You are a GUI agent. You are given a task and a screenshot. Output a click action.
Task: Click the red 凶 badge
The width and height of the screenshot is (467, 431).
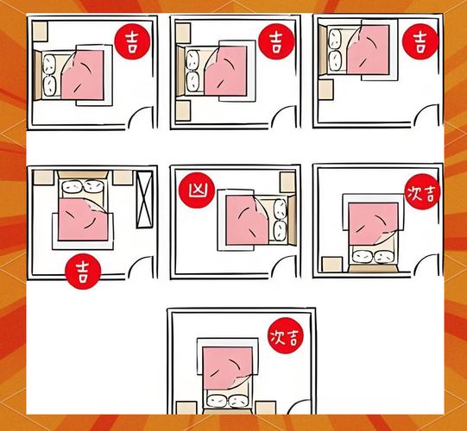(197, 190)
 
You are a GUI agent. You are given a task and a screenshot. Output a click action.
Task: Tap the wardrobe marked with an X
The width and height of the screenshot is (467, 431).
(144, 199)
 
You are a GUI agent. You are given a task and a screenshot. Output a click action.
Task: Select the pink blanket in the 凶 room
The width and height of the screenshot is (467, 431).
(247, 220)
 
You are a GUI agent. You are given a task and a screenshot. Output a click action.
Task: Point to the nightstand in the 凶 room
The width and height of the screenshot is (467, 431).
(287, 182)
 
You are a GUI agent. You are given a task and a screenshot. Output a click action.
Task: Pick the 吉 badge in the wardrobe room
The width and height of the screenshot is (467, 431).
(83, 272)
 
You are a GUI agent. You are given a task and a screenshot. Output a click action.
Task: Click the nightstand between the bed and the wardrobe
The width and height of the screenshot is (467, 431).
(123, 178)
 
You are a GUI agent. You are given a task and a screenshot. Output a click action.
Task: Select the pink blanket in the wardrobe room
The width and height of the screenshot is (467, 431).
(83, 220)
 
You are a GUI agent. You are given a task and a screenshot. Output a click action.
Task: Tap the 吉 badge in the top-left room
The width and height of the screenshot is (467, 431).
(133, 41)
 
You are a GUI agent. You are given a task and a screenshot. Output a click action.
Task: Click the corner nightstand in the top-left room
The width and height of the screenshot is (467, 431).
(40, 31)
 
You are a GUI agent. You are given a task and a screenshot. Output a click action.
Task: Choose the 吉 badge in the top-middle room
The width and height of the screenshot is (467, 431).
(276, 41)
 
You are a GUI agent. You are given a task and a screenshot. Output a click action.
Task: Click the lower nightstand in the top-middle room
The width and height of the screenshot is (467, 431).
(183, 110)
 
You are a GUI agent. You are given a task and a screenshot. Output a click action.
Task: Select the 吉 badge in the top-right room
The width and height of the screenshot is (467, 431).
(420, 41)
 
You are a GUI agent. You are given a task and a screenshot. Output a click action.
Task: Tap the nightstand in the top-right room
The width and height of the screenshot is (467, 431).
(326, 90)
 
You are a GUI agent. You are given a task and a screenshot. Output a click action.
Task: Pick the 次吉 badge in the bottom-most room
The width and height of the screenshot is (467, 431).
(286, 336)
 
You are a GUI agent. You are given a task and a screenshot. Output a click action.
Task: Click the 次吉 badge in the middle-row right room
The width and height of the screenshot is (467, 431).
(423, 192)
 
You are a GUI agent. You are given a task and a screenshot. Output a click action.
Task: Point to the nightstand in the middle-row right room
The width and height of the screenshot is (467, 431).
(332, 265)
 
